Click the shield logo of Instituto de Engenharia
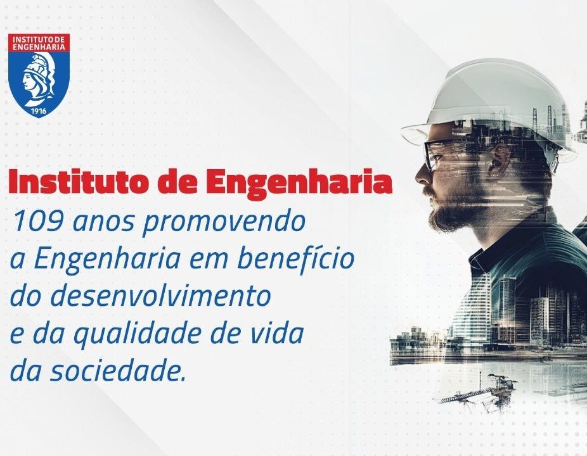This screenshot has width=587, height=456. pos(39,75)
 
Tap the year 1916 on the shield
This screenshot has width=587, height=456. pos(39,110)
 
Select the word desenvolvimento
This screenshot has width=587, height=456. pos(160,296)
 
